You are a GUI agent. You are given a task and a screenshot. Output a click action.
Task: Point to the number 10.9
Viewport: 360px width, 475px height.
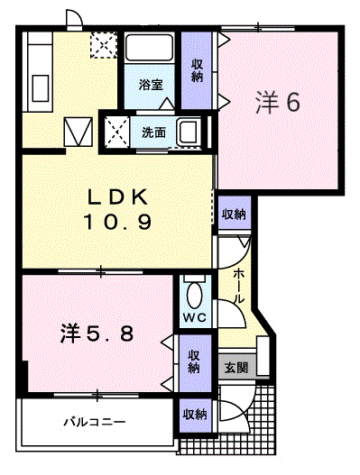point(117,221)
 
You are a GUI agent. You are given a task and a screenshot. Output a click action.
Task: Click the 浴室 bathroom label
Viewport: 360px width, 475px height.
point(151,85)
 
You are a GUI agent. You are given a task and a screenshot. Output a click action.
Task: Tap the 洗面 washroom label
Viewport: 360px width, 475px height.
point(153,132)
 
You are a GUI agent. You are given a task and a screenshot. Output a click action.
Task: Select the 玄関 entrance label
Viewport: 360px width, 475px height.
point(235,368)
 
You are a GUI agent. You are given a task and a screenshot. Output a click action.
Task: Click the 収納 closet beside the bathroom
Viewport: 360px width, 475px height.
point(198,70)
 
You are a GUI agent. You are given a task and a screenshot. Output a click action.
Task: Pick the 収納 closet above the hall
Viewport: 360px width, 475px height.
point(234,214)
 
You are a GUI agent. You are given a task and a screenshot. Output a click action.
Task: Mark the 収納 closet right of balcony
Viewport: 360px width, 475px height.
point(194,415)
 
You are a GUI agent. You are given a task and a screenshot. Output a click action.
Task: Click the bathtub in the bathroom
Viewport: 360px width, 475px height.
point(151,53)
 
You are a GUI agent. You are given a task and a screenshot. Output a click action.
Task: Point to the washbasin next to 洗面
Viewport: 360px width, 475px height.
point(190,132)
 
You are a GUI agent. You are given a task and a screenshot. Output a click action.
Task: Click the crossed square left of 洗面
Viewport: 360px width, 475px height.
point(116,132)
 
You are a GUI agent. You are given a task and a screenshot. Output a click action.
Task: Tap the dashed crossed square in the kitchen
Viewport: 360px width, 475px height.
point(102,45)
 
